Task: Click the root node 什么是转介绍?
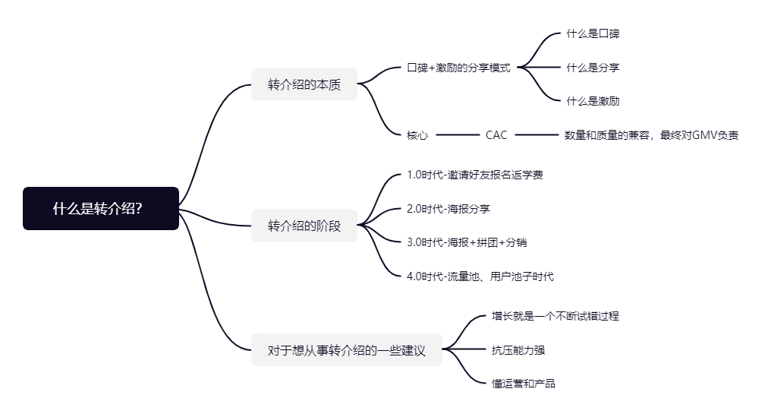point(101,209)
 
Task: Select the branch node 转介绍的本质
point(304,84)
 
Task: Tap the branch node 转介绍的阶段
point(304,226)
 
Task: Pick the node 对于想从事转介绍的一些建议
point(346,351)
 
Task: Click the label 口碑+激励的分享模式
point(458,68)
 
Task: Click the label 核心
point(417,135)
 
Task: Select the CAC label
point(496,135)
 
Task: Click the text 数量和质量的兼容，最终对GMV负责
point(651,135)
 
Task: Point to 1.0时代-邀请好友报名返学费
point(475,175)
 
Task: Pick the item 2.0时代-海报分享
point(449,209)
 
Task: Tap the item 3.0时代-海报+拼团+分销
point(467,242)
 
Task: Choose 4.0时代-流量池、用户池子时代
point(480,276)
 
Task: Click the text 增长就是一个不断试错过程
point(555,316)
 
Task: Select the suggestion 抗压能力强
point(518,350)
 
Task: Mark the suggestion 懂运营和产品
point(524,384)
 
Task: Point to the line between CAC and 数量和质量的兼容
point(537,135)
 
